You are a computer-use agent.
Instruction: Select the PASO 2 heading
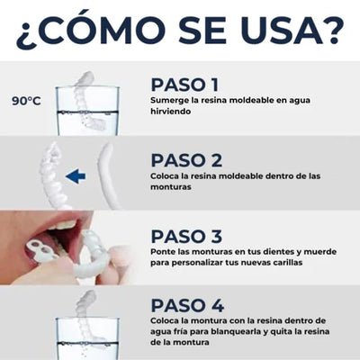(x=186, y=159)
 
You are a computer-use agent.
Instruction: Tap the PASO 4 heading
(x=186, y=305)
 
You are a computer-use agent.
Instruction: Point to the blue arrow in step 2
(x=77, y=176)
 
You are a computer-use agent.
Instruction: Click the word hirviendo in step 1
(x=170, y=113)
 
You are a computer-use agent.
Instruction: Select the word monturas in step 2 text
(x=170, y=187)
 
